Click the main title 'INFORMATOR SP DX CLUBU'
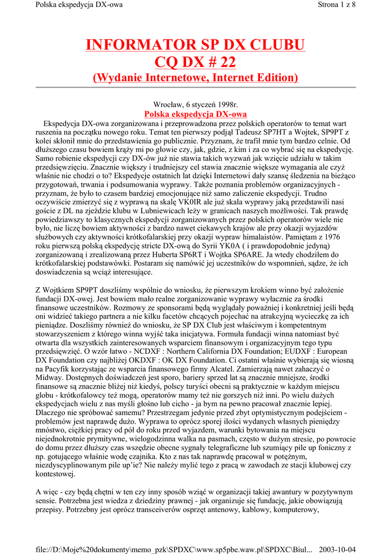(x=196, y=44)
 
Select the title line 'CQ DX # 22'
(x=196, y=62)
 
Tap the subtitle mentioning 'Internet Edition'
(x=196, y=78)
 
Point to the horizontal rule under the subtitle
(x=196, y=87)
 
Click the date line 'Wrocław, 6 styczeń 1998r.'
(x=196, y=104)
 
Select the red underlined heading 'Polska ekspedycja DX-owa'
(x=196, y=114)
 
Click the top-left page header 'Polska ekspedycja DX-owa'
(x=79, y=5)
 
